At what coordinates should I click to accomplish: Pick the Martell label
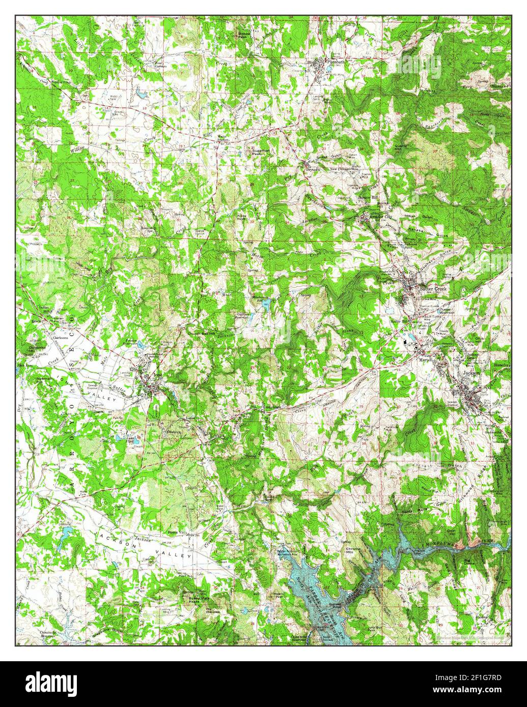point(425,359)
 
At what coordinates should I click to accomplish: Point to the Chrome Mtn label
point(353,551)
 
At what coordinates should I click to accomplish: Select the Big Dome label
point(469,563)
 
